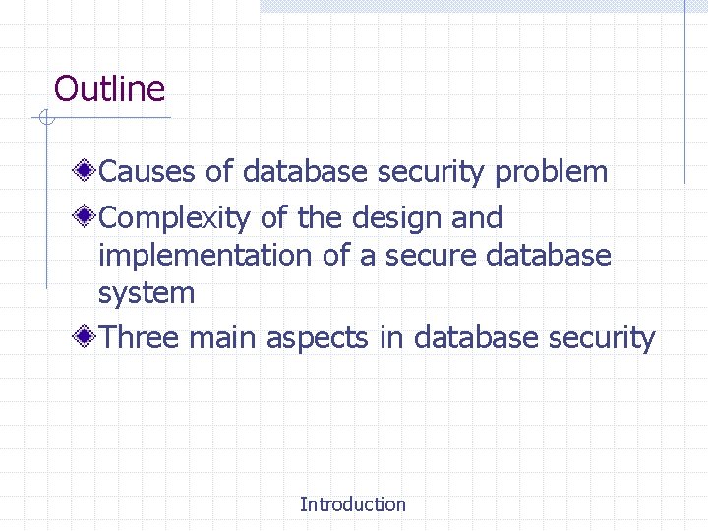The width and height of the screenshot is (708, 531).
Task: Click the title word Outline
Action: click(109, 89)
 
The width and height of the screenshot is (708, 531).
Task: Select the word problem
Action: click(551, 173)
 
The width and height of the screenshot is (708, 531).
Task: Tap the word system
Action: click(147, 293)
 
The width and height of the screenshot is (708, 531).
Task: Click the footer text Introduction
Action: click(352, 504)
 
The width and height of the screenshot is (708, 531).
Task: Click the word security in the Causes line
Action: click(432, 173)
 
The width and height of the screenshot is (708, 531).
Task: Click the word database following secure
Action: click(549, 256)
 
